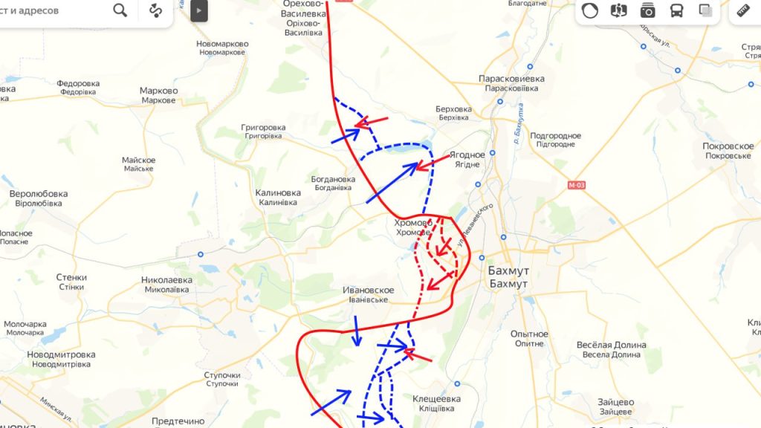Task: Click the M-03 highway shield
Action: coord(576,185)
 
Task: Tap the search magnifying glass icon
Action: coord(120,10)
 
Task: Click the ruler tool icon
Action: coord(742,10)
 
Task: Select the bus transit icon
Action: coord(677,10)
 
